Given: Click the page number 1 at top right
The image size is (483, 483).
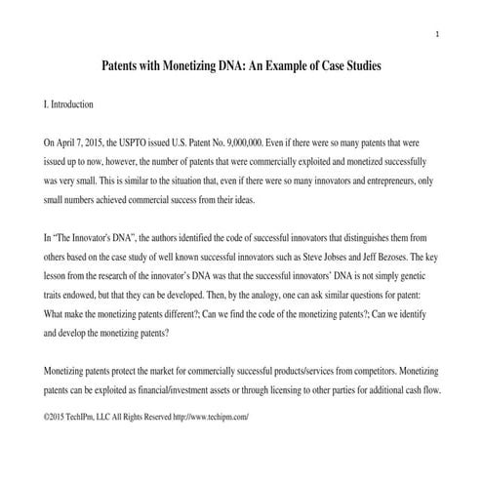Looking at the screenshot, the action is click(438, 36).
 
